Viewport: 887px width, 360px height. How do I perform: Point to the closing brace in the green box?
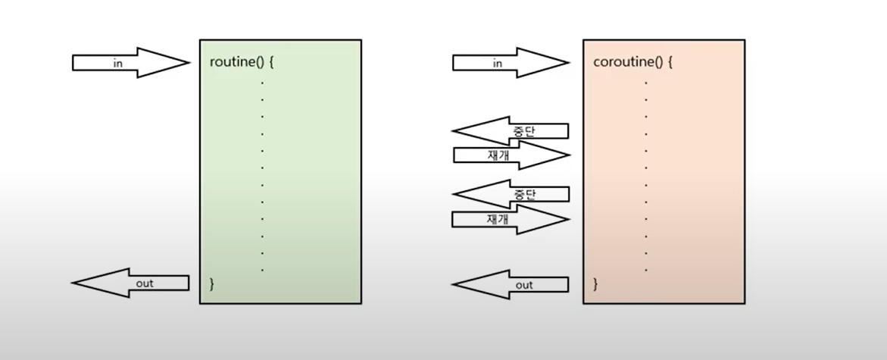212,283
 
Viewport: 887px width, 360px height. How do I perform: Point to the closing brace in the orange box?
595,284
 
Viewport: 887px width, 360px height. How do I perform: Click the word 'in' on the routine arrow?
117,64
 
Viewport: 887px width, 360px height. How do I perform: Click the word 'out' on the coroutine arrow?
524,285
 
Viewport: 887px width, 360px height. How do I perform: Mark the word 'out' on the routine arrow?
145,283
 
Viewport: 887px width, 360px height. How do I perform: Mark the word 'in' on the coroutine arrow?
498,64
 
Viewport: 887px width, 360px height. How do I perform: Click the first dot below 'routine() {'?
263,80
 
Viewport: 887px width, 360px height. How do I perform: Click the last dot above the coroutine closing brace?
646,270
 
